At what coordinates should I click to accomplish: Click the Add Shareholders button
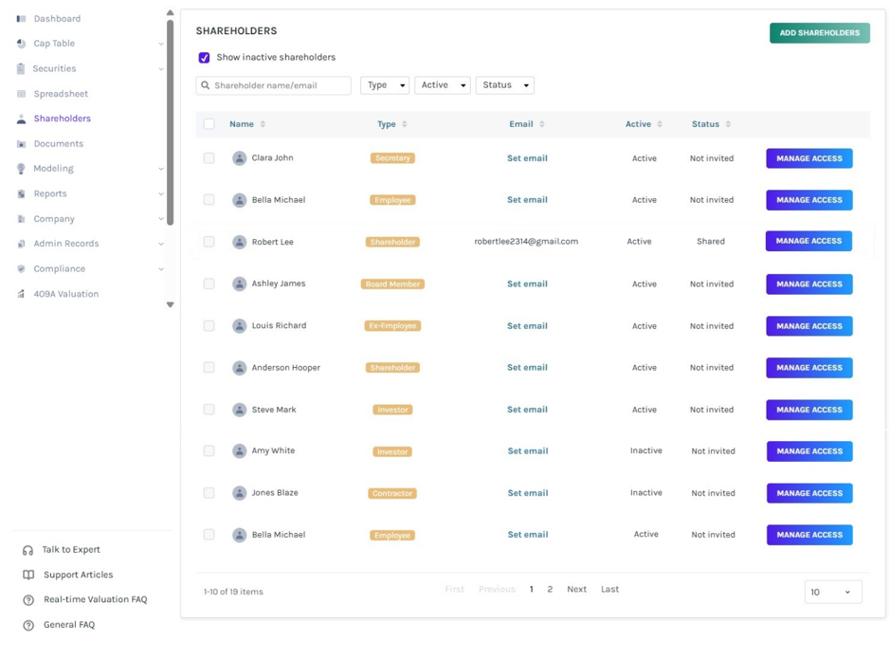(x=820, y=33)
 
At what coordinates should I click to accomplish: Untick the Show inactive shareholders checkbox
(x=205, y=57)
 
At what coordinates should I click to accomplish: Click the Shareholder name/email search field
(x=274, y=85)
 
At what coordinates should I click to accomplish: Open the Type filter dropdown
(x=385, y=85)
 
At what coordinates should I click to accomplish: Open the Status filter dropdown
(x=504, y=85)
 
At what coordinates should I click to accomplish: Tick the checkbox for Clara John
(x=209, y=158)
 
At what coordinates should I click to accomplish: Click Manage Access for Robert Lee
(x=808, y=241)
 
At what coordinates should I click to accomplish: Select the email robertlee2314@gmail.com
(x=526, y=242)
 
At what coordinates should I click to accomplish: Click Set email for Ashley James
(x=527, y=284)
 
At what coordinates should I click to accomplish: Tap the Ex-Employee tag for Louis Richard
(x=392, y=326)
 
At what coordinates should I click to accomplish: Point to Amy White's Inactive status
(x=645, y=450)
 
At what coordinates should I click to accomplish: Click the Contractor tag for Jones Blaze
(x=392, y=494)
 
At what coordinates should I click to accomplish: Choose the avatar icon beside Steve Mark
(x=240, y=410)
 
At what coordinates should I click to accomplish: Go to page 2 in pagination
(x=550, y=589)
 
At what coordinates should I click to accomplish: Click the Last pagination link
(x=609, y=589)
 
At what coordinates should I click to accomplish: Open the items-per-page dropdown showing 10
(x=833, y=592)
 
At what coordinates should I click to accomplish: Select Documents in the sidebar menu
(x=59, y=144)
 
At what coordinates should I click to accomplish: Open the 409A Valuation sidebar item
(x=65, y=294)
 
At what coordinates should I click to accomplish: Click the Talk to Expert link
(x=71, y=549)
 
